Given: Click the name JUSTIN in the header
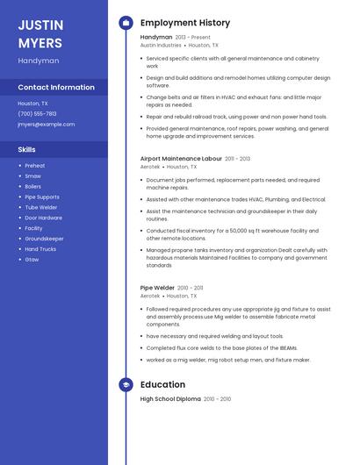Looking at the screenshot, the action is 40,25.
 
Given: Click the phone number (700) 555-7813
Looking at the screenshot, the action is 37,113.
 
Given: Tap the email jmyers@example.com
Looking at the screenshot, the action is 46,124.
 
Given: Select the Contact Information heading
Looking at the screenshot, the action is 56,87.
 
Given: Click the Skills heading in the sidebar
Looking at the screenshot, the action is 26,149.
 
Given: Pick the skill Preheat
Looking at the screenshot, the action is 34,166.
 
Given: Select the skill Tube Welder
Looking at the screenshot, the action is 41,207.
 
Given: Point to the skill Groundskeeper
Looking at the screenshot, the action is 44,239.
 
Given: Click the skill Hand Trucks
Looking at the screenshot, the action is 40,249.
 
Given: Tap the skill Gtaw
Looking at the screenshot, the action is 32,260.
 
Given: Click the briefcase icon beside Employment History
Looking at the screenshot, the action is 126,23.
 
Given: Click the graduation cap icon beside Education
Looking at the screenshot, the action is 126,384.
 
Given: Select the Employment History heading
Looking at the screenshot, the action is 184,23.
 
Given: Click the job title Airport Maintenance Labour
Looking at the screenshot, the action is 181,159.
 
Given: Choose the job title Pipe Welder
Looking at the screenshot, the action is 157,288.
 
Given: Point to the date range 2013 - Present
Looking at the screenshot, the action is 193,38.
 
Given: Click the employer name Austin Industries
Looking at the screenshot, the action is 161,45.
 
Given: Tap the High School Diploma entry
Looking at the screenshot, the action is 170,399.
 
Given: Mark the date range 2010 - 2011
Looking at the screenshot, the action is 190,288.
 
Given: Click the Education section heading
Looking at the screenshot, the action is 162,384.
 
